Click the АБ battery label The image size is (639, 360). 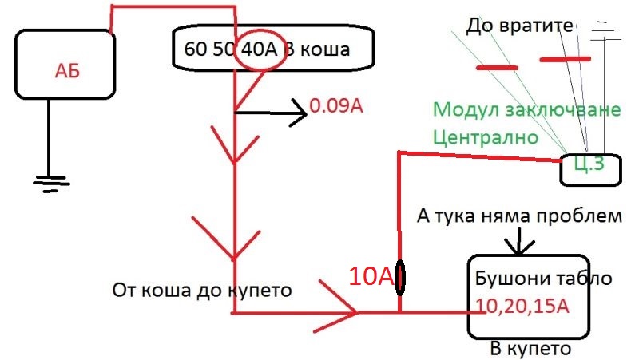pos(67,71)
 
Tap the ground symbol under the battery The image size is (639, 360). pos(51,184)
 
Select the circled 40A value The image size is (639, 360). pos(259,49)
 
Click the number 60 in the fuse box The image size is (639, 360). pos(195,49)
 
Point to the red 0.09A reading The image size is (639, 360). pos(335,106)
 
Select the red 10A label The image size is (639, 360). pos(371,276)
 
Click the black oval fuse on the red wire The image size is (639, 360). pos(400,278)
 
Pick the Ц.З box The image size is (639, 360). pos(591,170)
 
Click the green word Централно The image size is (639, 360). pos(486,137)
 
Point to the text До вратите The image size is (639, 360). pos(520,26)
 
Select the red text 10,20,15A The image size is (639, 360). pos(522,306)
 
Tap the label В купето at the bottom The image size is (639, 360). pos(530,350)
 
